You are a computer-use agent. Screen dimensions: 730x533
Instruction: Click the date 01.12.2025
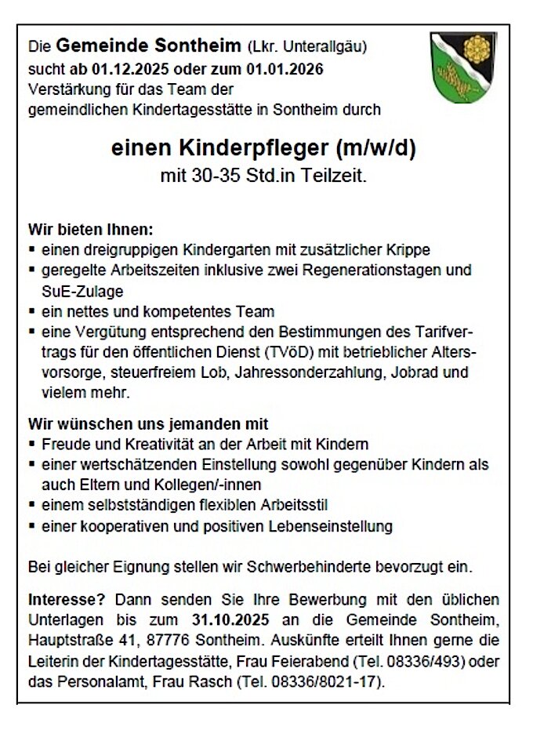pyautogui.click(x=134, y=69)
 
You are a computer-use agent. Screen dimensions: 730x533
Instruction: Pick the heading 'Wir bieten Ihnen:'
pyautogui.click(x=91, y=231)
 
